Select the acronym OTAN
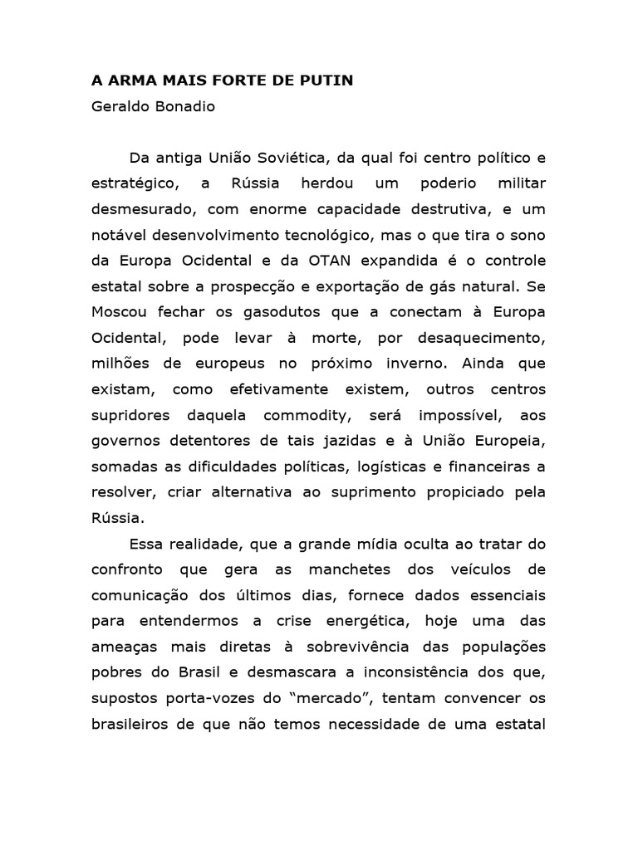334,261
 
